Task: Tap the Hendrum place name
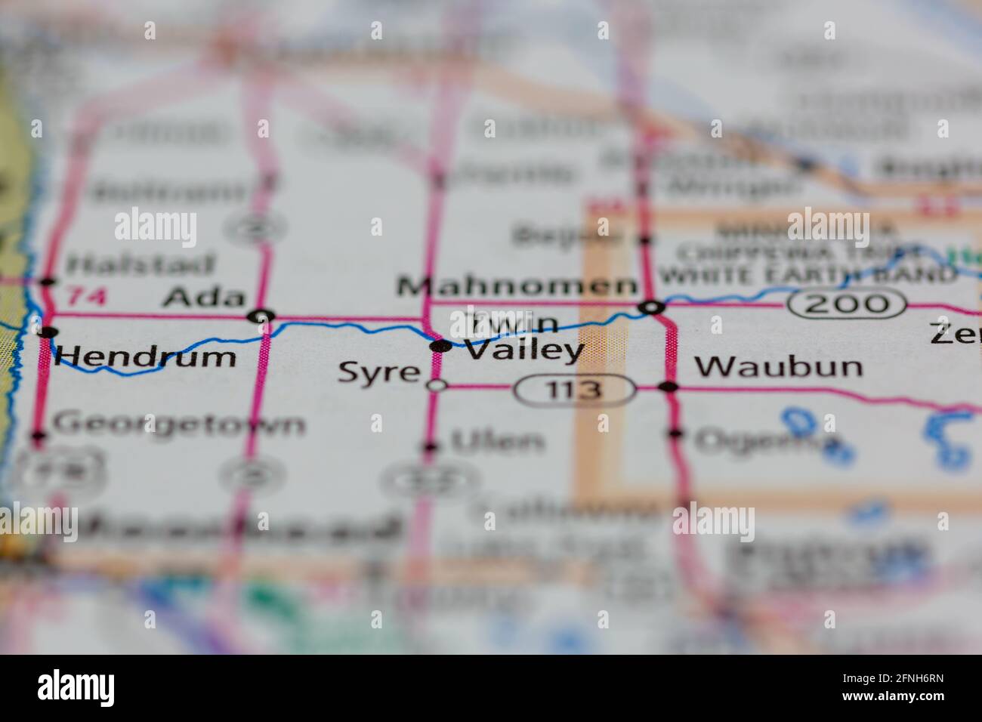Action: point(145,355)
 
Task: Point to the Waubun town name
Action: point(778,366)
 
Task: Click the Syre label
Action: point(378,372)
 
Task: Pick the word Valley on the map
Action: point(523,350)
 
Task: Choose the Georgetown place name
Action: point(179,424)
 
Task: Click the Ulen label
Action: point(498,442)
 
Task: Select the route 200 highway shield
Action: point(846,304)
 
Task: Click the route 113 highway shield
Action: point(575,390)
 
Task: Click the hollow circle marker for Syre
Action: point(437,386)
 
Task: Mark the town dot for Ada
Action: point(262,316)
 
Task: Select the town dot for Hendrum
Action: point(48,332)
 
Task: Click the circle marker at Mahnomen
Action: point(651,307)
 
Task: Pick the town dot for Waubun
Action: point(668,387)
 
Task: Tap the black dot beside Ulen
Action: point(431,446)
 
